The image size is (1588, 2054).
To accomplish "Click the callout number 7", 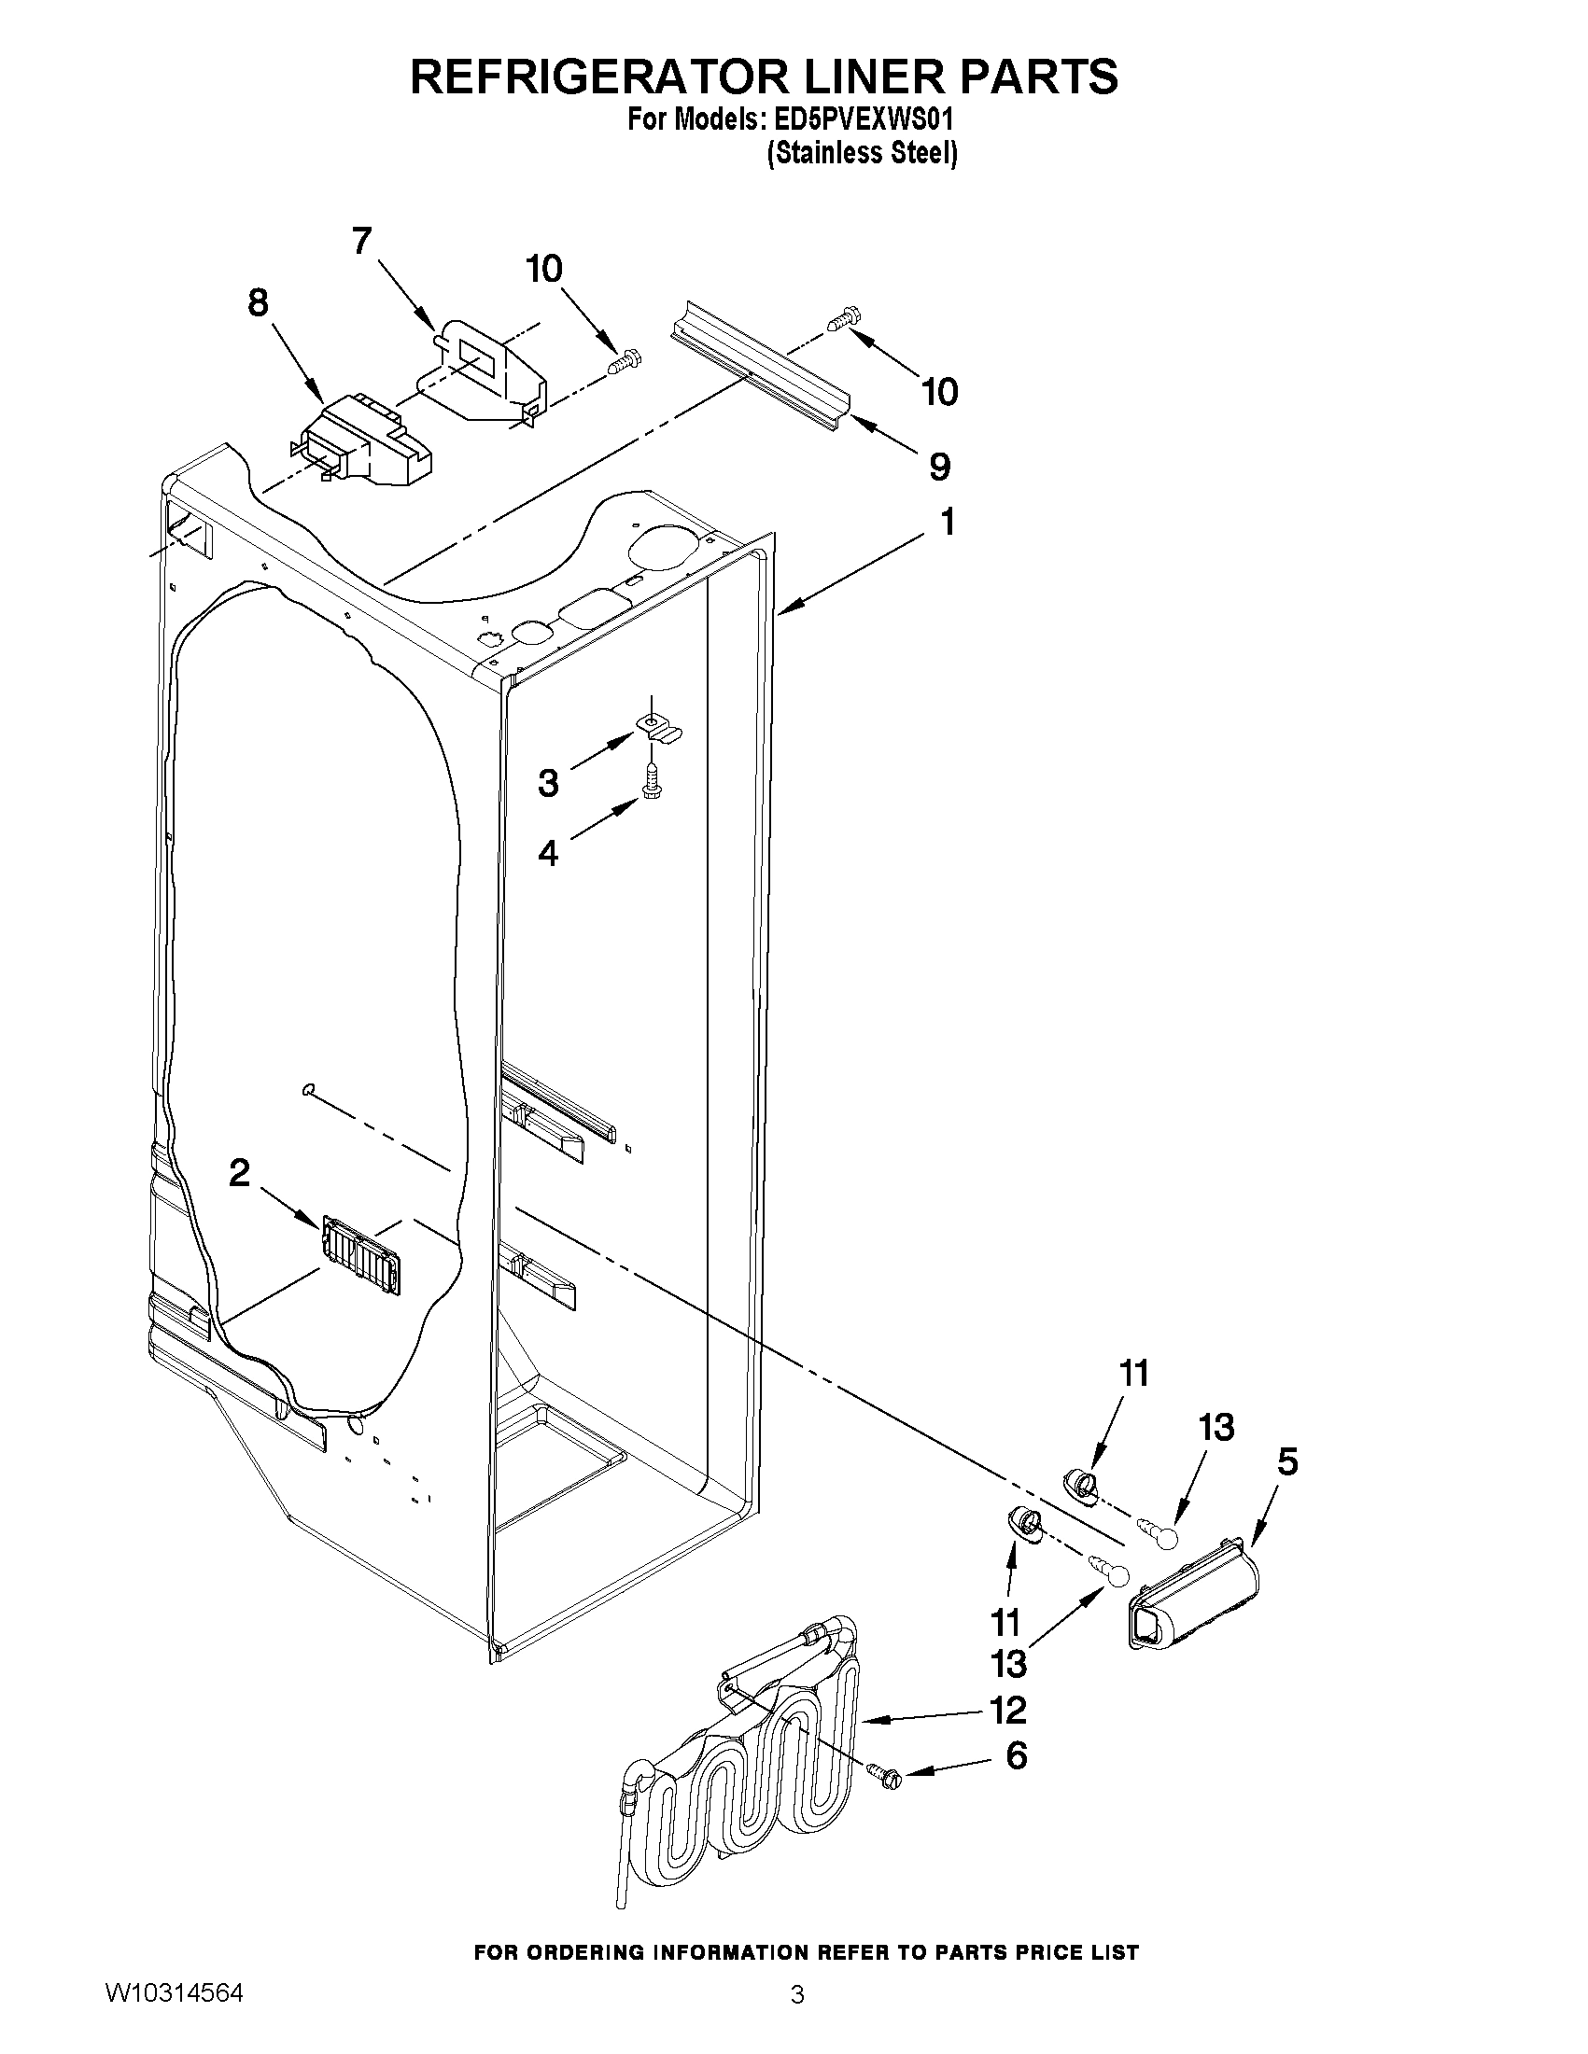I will click(x=362, y=243).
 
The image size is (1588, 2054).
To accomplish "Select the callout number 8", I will click(x=257, y=304).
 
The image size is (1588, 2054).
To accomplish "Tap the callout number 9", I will click(x=939, y=467).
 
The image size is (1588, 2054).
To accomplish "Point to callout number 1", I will click(x=948, y=521).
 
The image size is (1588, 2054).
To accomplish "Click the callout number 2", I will click(x=240, y=1172).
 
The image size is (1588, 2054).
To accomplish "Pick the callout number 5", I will click(x=1287, y=1461).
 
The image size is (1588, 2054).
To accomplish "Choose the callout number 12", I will click(x=1007, y=1711).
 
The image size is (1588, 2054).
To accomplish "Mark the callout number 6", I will click(x=1016, y=1755).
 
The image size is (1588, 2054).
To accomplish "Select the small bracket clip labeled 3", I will click(x=658, y=726).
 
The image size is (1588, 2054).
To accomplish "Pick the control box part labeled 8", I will click(x=367, y=442).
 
